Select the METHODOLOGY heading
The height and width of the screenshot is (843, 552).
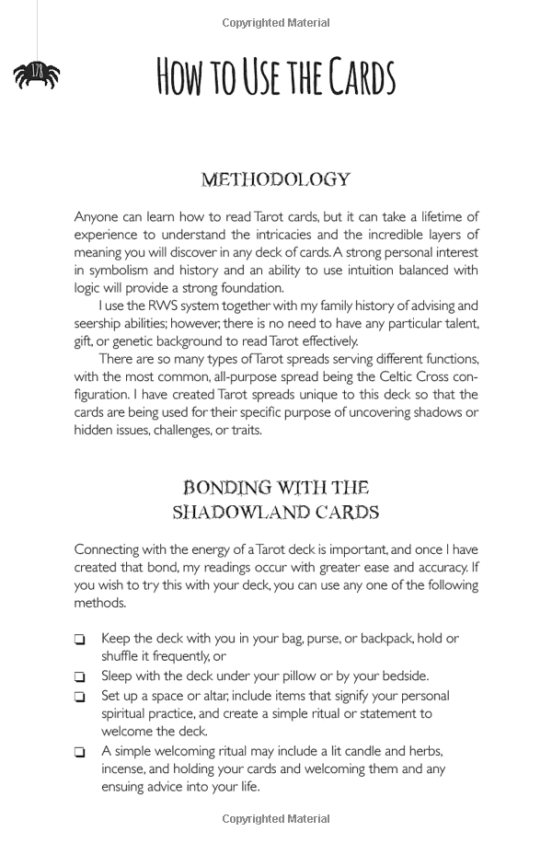coord(276,179)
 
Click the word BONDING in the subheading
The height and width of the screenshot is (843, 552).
coord(226,487)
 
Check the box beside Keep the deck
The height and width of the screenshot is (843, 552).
coord(80,640)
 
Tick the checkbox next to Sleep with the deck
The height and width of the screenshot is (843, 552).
coord(80,677)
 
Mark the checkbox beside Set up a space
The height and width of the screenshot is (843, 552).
coord(80,697)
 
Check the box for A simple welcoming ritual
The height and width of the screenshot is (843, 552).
coord(80,753)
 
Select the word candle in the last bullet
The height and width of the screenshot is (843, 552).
coord(339,751)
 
